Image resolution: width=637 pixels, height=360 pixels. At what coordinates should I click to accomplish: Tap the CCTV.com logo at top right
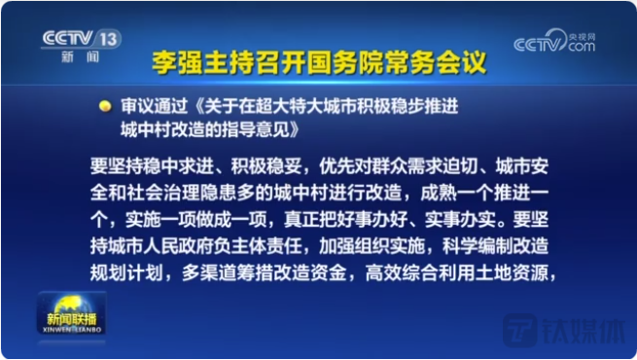[x=553, y=42]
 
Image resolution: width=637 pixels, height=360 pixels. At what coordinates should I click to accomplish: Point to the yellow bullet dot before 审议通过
[x=104, y=105]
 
